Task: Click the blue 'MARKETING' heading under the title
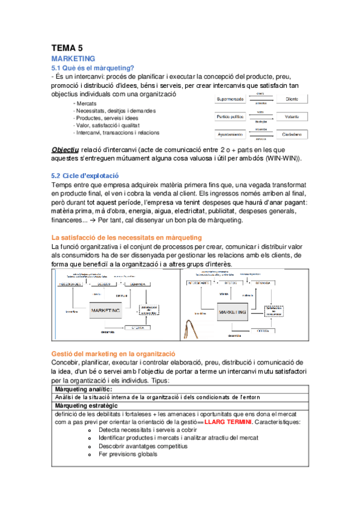pos(73,58)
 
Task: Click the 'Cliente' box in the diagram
pos(291,99)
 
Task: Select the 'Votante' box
pos(292,116)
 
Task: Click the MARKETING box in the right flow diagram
pos(233,313)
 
